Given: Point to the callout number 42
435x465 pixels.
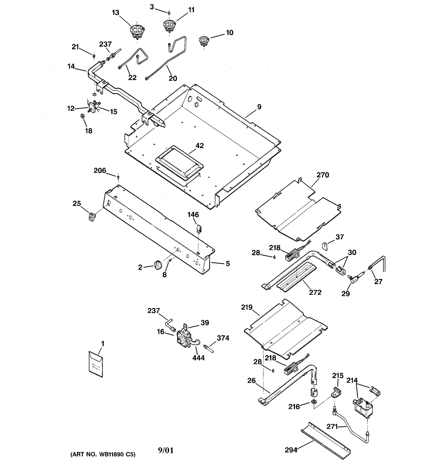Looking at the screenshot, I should (200, 146).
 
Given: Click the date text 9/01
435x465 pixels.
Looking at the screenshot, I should (166, 450).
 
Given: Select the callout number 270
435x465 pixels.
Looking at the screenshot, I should (323, 175).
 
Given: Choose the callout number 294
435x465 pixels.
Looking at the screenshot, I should (291, 450).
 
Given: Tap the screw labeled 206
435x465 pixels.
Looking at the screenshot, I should (118, 177).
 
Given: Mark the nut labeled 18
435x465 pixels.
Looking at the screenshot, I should (83, 116).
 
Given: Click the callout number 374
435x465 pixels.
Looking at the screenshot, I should (223, 338).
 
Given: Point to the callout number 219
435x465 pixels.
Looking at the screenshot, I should (247, 307).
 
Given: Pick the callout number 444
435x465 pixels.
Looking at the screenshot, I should (198, 358).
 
